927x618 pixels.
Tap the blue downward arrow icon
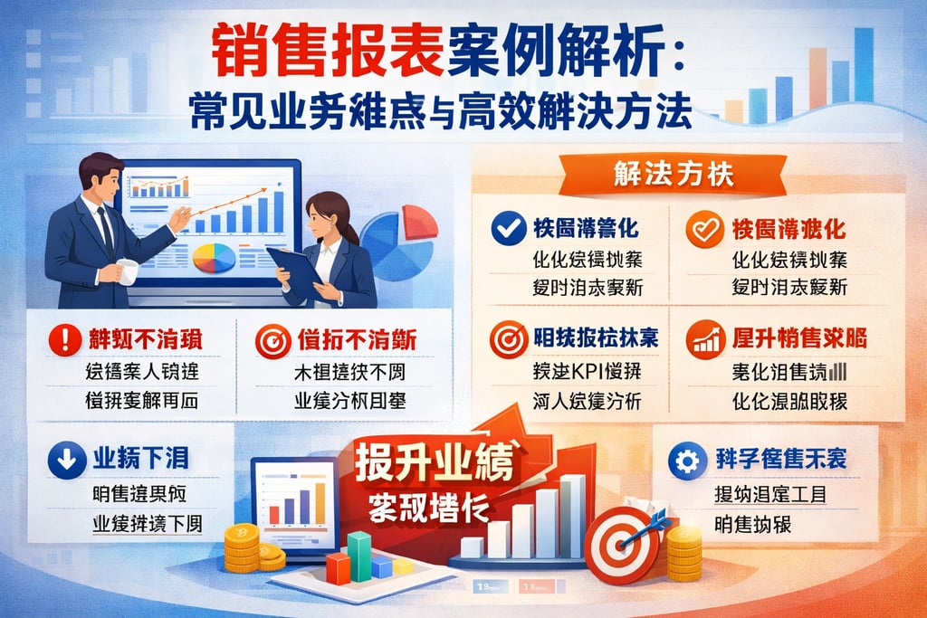coord(66,460)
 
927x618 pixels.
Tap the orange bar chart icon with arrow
coord(705,341)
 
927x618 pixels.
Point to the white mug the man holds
coord(128,271)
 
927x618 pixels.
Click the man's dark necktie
coord(106,231)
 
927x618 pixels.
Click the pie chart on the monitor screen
coord(214,258)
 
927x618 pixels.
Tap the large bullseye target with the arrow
coord(620,544)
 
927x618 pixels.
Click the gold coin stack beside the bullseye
coord(683,552)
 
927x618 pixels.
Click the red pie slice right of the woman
coord(418,221)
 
